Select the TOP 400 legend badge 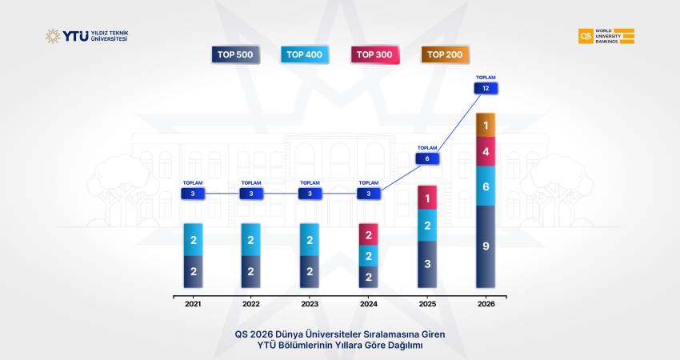point(305,54)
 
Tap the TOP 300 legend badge point(374,54)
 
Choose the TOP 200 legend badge point(445,54)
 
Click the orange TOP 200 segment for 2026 point(486,126)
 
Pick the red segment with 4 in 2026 point(486,152)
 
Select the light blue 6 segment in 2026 point(486,186)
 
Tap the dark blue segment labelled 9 point(486,246)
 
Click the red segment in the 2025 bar point(427,198)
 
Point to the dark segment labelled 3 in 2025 point(427,263)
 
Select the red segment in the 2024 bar point(369,234)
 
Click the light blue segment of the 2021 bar point(193,239)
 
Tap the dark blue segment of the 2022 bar point(251,271)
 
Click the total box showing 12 point(486,88)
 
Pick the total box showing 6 point(427,158)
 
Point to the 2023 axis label point(310,304)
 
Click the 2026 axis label point(486,304)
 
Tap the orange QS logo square point(586,36)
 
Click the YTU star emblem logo point(53,36)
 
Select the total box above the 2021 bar point(193,194)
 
